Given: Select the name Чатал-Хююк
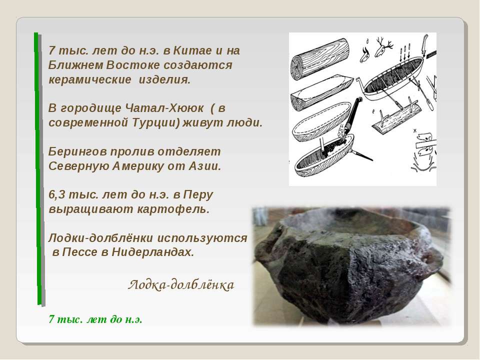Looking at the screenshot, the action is tap(164, 108).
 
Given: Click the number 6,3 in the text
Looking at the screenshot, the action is tap(56, 195).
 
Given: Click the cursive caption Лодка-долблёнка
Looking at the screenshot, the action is tap(181, 285).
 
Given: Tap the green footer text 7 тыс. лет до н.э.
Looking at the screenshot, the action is tap(95, 319).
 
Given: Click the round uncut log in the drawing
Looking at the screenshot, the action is tap(320, 59).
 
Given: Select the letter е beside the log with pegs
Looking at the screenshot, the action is tap(373, 111).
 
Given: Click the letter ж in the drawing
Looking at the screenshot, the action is tap(415, 131).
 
